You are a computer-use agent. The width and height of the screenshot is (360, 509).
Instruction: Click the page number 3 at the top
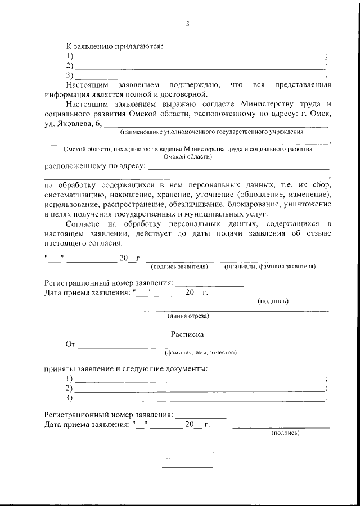[187, 24]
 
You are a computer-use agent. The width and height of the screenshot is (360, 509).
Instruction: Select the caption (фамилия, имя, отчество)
[200, 353]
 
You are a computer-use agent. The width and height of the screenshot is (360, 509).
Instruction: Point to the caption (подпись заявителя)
[179, 266]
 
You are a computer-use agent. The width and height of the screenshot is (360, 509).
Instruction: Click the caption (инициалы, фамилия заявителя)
[270, 266]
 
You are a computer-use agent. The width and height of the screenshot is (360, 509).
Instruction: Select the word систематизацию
[73, 194]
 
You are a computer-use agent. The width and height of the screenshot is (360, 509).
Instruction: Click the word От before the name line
[70, 344]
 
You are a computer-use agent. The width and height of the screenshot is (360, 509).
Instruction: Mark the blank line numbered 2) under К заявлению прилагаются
[200, 67]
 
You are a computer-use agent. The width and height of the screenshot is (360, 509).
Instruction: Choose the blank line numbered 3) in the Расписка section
[200, 400]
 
